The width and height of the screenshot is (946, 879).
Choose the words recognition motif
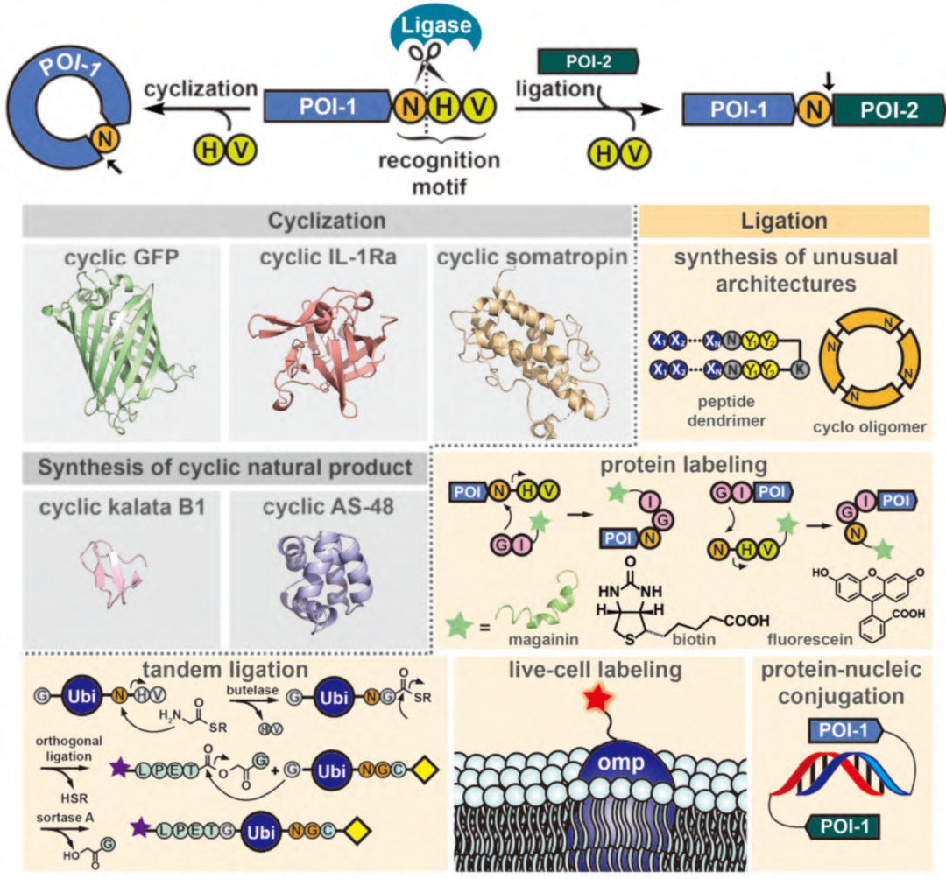point(439,172)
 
